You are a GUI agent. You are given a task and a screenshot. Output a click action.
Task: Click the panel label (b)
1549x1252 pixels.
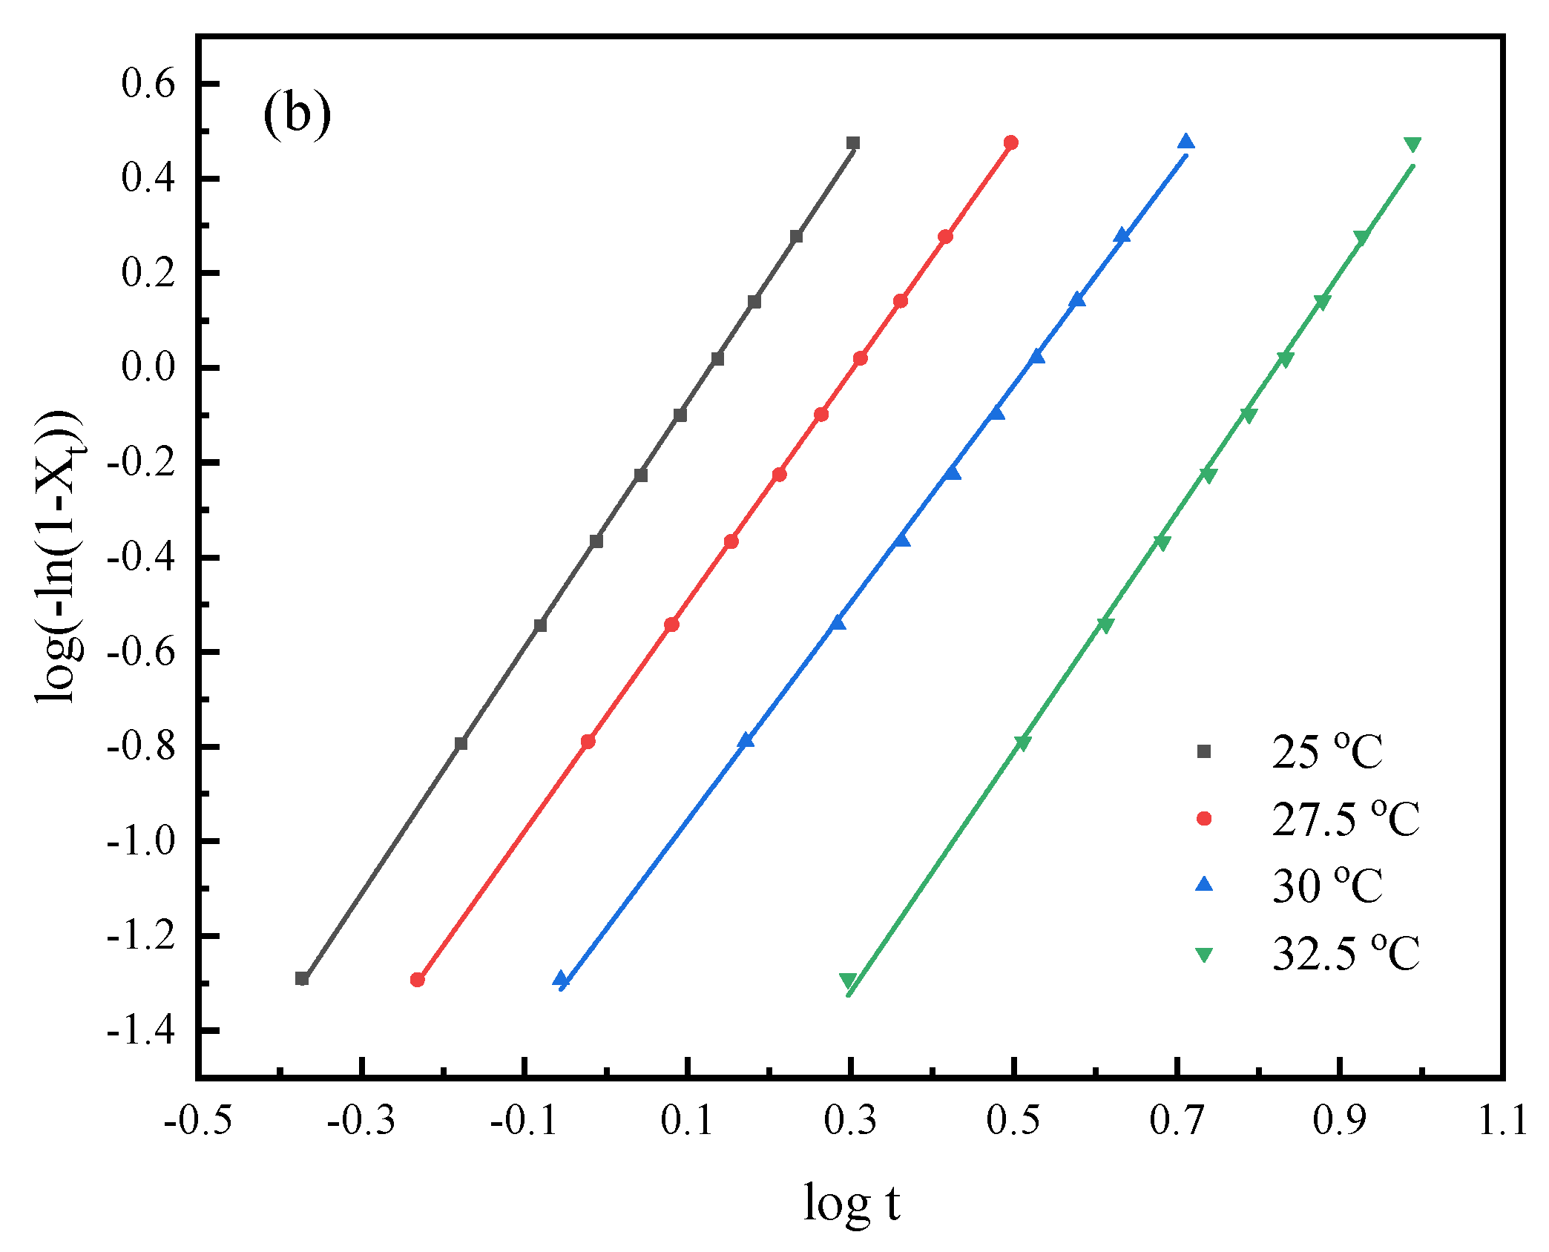click(297, 115)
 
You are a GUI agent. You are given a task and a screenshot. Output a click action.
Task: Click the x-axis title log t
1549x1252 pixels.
click(851, 1202)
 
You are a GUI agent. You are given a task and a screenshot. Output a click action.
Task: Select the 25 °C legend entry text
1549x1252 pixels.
click(1326, 752)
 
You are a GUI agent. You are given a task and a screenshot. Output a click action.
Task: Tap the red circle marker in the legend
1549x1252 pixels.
click(1204, 818)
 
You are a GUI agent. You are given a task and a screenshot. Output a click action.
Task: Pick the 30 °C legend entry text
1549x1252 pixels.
click(1326, 885)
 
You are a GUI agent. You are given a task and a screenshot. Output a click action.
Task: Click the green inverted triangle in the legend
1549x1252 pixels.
click(1204, 954)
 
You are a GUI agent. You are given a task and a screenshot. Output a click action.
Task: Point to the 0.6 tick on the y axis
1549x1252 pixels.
click(148, 84)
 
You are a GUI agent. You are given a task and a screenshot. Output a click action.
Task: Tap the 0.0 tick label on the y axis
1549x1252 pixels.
click(148, 368)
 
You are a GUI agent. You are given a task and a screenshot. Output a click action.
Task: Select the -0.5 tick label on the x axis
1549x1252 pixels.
click(197, 1121)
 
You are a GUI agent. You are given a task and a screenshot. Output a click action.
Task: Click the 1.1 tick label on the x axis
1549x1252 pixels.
click(1502, 1121)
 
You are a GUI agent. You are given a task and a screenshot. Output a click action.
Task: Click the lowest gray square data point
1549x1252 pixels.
click(302, 978)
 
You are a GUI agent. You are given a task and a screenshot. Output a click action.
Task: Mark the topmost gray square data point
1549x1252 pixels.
click(853, 143)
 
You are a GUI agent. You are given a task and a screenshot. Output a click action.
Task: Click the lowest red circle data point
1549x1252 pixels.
click(418, 980)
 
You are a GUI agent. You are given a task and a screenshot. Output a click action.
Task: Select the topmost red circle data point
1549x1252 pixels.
click(1010, 142)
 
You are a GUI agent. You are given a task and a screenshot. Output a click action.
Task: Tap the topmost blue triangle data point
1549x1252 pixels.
click(1185, 142)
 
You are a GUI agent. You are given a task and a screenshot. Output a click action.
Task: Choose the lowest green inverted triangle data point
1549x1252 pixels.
click(848, 981)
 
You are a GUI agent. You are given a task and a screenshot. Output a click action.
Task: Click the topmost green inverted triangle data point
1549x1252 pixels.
click(1412, 144)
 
